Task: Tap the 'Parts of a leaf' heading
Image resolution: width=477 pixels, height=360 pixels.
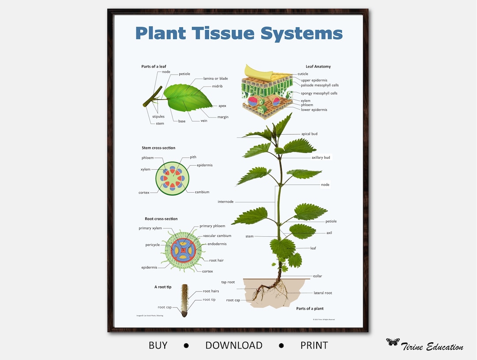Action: point(155,67)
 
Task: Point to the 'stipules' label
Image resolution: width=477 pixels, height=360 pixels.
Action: point(158,117)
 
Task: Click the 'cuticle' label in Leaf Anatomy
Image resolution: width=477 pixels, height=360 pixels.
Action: point(303,74)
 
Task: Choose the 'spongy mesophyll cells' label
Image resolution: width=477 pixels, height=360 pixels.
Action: point(319,93)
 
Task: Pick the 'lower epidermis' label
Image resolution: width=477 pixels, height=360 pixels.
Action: point(314,110)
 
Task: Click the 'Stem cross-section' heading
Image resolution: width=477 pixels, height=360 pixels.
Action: point(158,148)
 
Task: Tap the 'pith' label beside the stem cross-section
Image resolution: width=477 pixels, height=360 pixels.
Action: point(193,157)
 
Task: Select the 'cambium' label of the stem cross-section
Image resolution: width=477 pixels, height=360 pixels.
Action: point(202,192)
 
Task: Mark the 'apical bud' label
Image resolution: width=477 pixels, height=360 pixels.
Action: point(309,134)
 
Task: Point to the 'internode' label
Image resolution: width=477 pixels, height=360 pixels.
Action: point(225,202)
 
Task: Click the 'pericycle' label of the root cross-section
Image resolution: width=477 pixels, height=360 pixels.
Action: point(152,245)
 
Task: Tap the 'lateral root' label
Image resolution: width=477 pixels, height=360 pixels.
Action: point(322,293)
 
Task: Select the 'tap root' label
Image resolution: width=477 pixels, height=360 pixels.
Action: point(228,282)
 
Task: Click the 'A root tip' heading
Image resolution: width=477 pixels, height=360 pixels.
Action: point(163,287)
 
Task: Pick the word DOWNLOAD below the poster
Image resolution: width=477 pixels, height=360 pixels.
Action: point(234,345)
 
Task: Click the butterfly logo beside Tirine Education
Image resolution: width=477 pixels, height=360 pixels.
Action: point(393,342)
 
